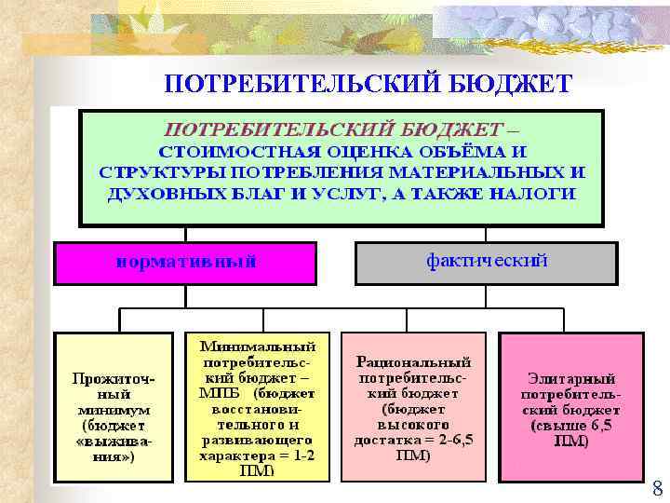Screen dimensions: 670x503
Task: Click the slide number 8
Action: tap(657, 489)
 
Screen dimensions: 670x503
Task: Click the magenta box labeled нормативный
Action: tap(186, 262)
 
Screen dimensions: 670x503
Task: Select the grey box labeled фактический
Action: tap(486, 262)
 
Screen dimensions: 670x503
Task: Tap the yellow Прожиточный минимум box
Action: tap(114, 406)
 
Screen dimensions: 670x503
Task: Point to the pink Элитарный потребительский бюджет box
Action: tap(571, 406)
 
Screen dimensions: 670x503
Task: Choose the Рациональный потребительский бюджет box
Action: tap(413, 406)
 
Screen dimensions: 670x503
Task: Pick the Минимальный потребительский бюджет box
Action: tap(257, 406)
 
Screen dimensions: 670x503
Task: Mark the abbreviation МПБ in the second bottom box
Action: tap(220, 393)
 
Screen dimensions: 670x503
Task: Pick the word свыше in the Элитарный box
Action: tap(553, 426)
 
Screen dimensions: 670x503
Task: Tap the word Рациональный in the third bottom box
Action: tap(414, 361)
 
